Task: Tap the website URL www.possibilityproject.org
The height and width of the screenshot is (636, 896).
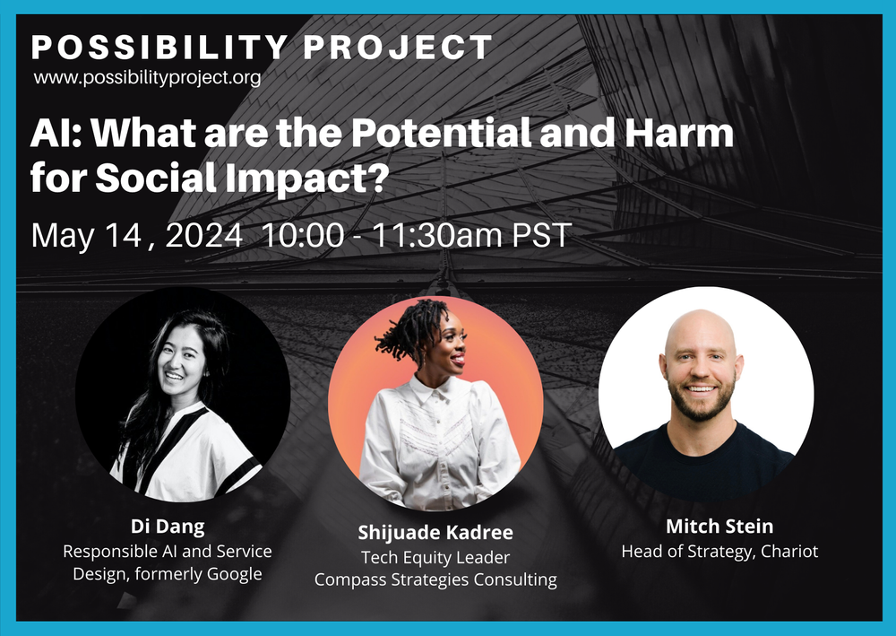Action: pos(148,78)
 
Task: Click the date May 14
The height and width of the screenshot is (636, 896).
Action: pos(85,236)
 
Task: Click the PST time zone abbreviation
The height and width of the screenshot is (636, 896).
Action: pos(539,236)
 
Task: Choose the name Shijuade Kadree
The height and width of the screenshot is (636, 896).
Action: pos(435,533)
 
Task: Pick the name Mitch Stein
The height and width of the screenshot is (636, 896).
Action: pos(719,526)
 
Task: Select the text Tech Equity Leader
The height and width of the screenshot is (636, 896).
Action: pos(435,557)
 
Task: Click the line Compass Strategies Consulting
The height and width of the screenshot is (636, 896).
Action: pos(435,580)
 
